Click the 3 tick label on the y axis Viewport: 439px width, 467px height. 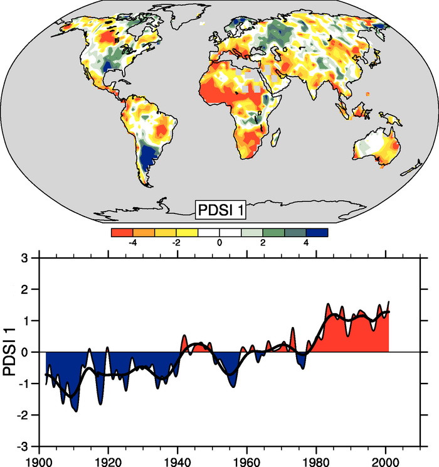tap(24, 258)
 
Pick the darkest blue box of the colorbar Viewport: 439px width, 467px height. tap(317, 232)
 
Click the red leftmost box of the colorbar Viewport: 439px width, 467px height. tap(122, 232)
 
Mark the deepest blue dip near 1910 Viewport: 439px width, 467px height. tap(76, 408)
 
